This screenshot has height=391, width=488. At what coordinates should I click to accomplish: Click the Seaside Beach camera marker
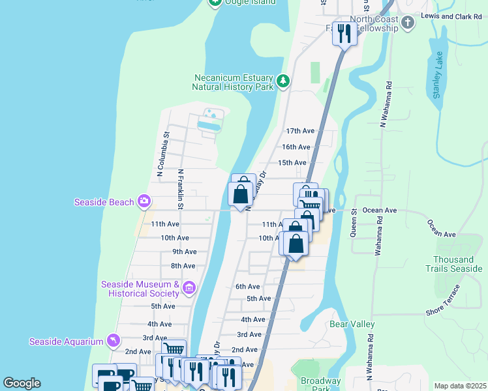tap(144, 202)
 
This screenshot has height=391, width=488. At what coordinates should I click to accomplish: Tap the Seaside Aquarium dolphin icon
tap(114, 341)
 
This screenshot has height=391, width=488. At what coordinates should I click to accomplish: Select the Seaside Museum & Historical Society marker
tap(189, 287)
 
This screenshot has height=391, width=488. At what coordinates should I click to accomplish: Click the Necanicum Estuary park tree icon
tap(282, 81)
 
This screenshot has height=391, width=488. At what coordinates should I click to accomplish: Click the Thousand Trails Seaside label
tap(453, 264)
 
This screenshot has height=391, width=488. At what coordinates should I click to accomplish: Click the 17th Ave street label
tap(299, 131)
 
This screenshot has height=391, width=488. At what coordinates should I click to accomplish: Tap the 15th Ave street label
tap(292, 162)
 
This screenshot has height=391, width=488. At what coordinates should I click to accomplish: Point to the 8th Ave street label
tap(183, 266)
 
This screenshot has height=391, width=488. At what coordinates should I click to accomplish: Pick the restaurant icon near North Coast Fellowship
tap(344, 33)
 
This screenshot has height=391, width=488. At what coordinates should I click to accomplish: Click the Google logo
tap(22, 383)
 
